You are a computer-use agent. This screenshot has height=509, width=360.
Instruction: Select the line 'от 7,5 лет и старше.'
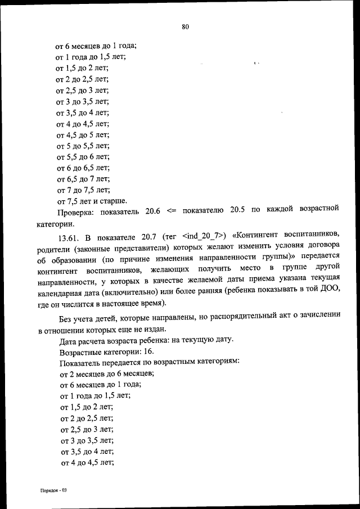click(x=92, y=201)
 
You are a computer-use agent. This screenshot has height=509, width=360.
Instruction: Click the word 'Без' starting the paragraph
click(x=66, y=318)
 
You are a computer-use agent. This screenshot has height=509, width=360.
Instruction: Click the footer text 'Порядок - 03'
click(x=53, y=490)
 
